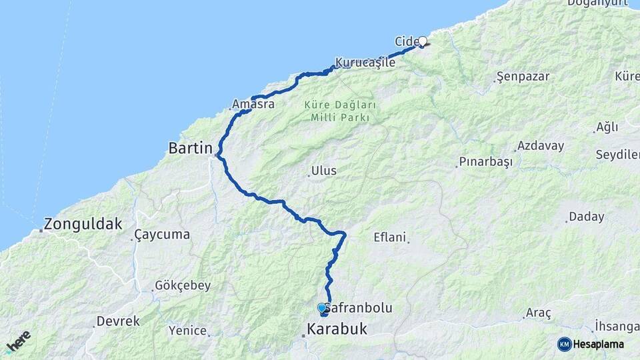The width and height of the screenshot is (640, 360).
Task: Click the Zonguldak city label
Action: coord(83,224)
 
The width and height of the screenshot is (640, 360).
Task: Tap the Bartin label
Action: coord(190,148)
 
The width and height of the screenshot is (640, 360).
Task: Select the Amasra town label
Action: coord(253,104)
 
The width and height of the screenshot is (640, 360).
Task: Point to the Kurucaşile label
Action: coord(365,63)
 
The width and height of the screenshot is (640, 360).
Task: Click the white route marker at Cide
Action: coord(422,41)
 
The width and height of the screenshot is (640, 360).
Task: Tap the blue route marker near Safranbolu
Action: coord(322,308)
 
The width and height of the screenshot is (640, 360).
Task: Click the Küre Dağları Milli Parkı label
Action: coord(340,111)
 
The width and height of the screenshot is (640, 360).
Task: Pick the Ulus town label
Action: coord(324,171)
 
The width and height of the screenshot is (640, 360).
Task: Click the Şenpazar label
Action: coord(525,77)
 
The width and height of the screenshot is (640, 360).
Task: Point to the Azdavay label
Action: coord(541,145)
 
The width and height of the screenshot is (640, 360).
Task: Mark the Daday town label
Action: coord(587,217)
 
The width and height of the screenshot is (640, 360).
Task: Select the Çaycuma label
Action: coord(162,235)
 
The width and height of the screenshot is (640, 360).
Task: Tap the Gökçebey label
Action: coord(183,285)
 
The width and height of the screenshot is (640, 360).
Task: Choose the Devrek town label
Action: coord(118,321)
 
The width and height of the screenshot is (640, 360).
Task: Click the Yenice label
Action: coord(187,330)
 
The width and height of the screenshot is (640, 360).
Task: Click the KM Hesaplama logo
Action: coord(591,344)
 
